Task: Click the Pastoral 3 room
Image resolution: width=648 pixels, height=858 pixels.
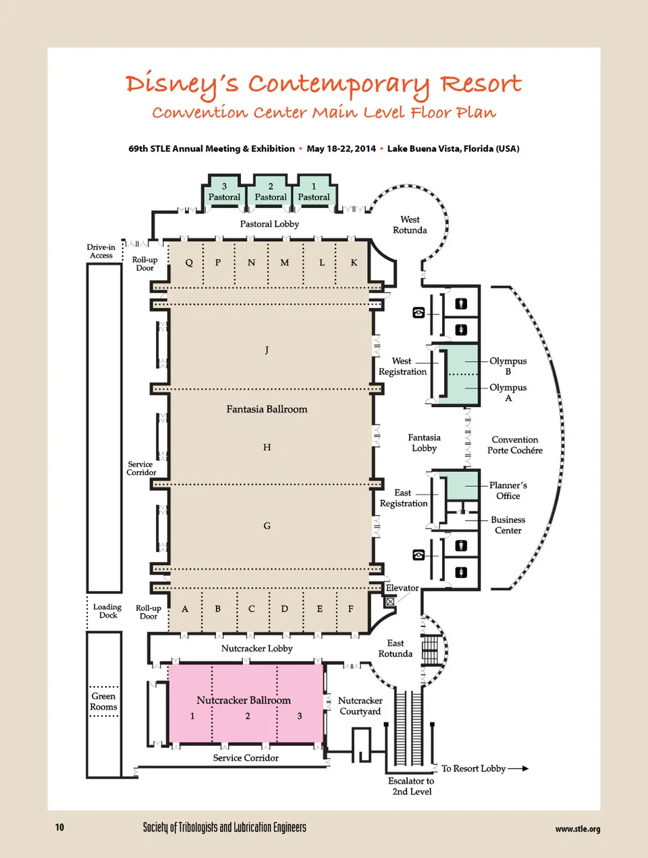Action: pyautogui.click(x=224, y=192)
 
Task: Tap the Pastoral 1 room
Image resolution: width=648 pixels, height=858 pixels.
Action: pyautogui.click(x=314, y=192)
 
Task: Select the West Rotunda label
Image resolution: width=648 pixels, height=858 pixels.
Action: pyautogui.click(x=410, y=225)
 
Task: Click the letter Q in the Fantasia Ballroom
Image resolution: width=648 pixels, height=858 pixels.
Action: pyautogui.click(x=189, y=263)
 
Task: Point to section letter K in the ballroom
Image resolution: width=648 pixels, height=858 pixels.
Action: pyautogui.click(x=354, y=263)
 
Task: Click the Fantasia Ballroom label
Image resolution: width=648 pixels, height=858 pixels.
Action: pyautogui.click(x=267, y=409)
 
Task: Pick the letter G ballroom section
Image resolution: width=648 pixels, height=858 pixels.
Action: pyautogui.click(x=267, y=526)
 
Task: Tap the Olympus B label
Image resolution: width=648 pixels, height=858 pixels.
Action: pyautogui.click(x=508, y=366)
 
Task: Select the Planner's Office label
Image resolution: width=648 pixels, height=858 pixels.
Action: pyautogui.click(x=508, y=491)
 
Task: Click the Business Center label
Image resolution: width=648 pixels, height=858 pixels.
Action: pyautogui.click(x=508, y=525)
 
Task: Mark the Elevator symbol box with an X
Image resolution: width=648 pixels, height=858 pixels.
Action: pyautogui.click(x=390, y=601)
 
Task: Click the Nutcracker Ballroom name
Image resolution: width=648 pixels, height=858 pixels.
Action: pyautogui.click(x=244, y=700)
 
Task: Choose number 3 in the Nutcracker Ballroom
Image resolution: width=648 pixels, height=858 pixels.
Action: pyautogui.click(x=300, y=716)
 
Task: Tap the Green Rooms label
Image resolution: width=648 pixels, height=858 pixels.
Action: pyautogui.click(x=103, y=701)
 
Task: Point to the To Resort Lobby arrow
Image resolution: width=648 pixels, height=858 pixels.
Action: pyautogui.click(x=518, y=768)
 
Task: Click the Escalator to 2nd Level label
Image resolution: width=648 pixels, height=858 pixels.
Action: pyautogui.click(x=411, y=786)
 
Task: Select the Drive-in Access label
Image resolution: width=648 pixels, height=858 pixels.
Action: pyautogui.click(x=101, y=251)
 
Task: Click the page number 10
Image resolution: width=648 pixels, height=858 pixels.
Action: pyautogui.click(x=59, y=827)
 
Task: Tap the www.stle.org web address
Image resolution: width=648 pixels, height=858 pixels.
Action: pyautogui.click(x=577, y=829)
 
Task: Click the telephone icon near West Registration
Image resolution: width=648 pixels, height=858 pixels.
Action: pyautogui.click(x=418, y=313)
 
